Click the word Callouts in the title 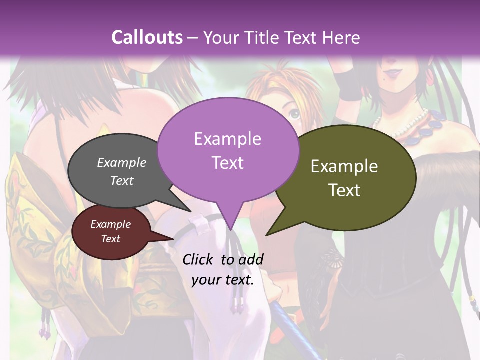147,37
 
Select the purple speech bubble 228,150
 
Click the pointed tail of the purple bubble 230,227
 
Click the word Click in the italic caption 199,259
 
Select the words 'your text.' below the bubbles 223,280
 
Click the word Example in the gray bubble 122,162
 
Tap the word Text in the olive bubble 345,190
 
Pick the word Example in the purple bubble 228,139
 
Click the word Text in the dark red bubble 110,239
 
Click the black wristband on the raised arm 350,85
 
